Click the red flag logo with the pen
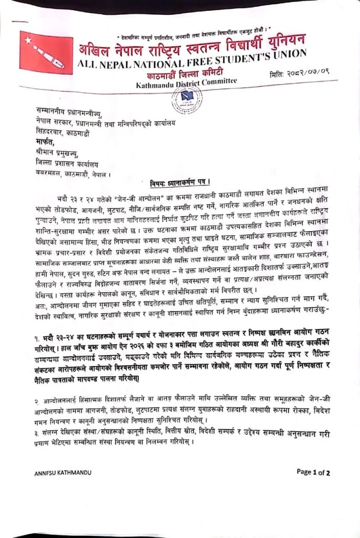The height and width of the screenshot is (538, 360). tap(43, 50)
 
